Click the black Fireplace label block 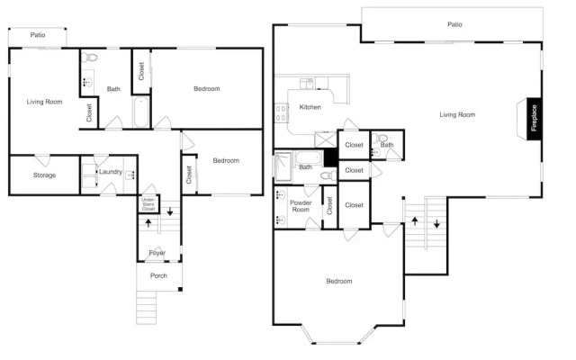click(534, 119)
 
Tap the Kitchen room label click(310, 107)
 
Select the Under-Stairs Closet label click(148, 204)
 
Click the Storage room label click(44, 175)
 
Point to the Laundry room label click(111, 172)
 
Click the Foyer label click(157, 253)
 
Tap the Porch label click(158, 275)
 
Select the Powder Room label click(301, 206)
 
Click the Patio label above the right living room click(454, 24)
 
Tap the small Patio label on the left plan click(38, 35)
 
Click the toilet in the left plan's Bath click(89, 58)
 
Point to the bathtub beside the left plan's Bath click(141, 112)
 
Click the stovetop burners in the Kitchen click(281, 113)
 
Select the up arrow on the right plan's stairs click(415, 220)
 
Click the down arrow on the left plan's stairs click(170, 211)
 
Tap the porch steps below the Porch click(146, 308)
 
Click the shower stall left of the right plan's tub click(283, 166)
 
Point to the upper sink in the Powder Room click(281, 194)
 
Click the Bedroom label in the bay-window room click(339, 281)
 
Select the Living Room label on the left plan click(44, 102)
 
